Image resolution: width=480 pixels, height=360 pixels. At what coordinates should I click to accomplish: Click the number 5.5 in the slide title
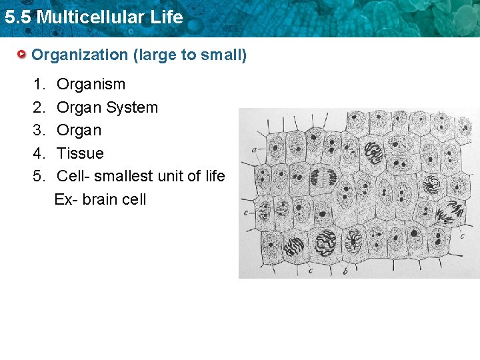pos(18,17)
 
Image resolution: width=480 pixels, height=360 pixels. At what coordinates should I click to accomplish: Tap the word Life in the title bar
pos(167,17)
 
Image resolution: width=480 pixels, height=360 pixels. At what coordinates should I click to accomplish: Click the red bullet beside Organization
pos(23,54)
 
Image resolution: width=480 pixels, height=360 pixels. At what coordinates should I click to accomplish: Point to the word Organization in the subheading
pos(80,55)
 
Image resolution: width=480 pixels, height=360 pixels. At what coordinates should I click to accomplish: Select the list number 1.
pos(39,84)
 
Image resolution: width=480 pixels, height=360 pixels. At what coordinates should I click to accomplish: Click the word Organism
pos(91,85)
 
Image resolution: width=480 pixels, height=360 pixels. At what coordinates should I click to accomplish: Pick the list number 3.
pos(39,130)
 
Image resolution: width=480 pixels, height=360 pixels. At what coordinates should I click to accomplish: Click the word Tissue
pos(80,153)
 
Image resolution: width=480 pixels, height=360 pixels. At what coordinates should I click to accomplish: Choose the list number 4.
pos(39,153)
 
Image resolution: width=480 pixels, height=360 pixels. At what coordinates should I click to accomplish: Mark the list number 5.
pos(39,176)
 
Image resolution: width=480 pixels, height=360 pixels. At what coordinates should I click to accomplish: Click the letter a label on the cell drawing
pos(255,149)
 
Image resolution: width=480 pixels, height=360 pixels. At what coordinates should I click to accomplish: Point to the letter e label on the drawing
pos(247,213)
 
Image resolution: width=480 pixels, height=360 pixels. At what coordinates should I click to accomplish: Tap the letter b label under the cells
pos(344,271)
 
